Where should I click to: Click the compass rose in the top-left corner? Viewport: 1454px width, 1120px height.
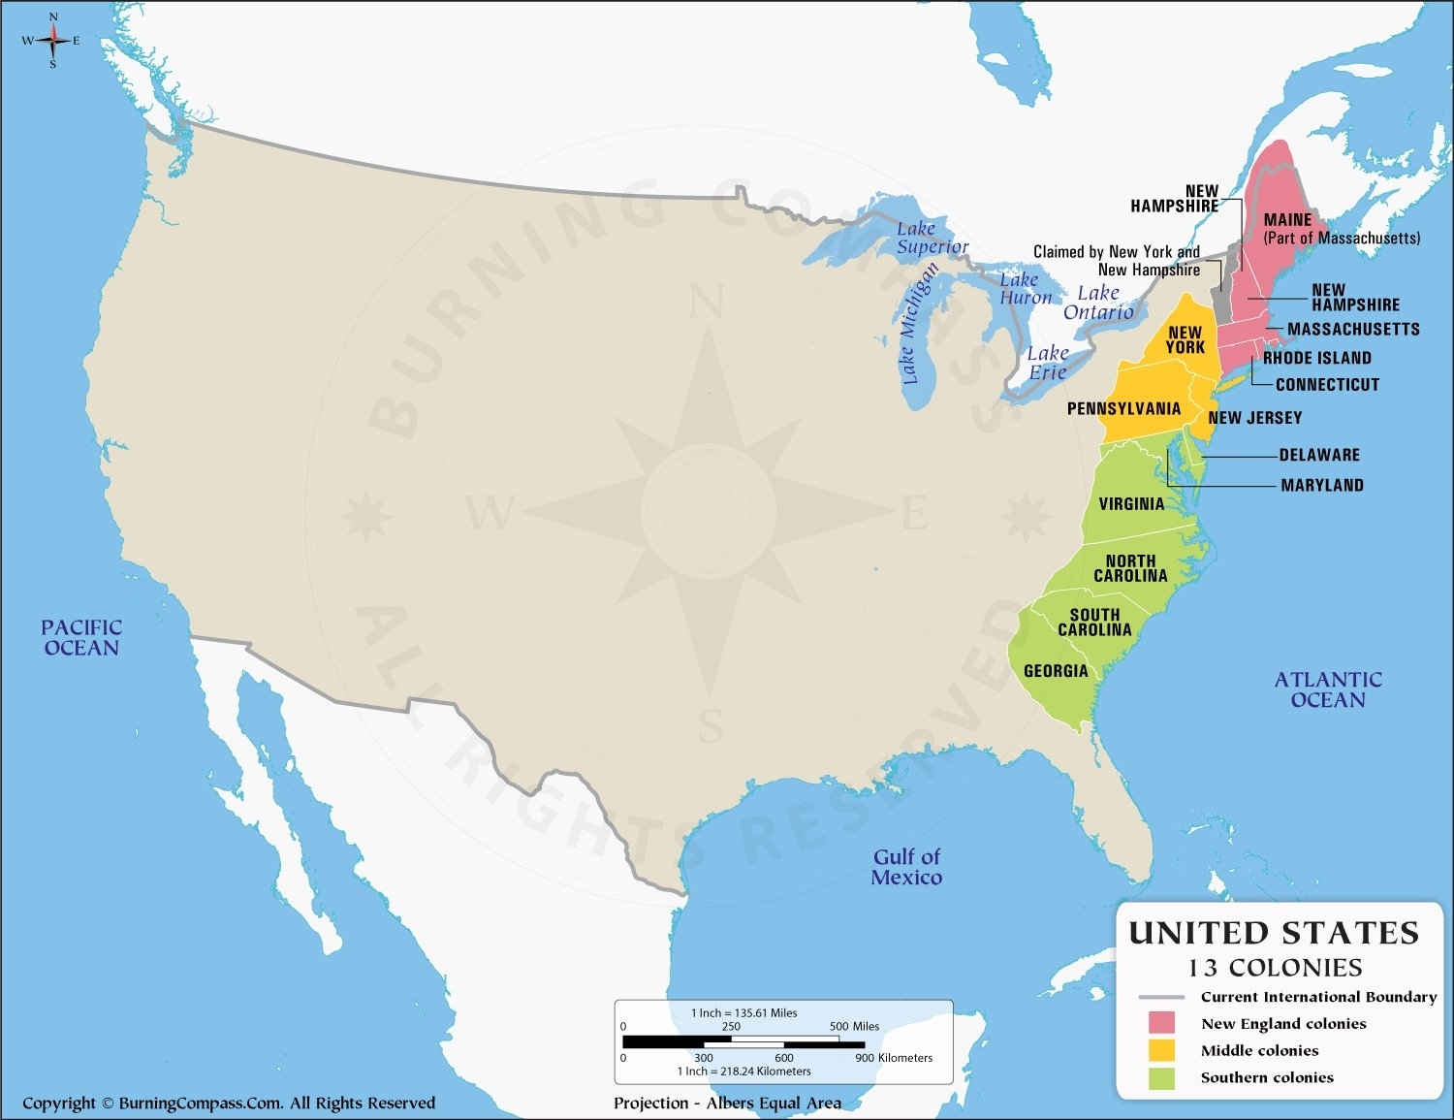click(x=52, y=41)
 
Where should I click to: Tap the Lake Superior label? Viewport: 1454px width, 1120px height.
click(x=932, y=238)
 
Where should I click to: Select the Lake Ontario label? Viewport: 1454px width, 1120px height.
click(x=1098, y=303)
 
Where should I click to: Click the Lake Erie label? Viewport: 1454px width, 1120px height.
click(x=1047, y=363)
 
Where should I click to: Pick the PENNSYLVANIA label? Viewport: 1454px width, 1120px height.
click(x=1123, y=409)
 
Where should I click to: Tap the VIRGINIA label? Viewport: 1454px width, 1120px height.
click(x=1131, y=504)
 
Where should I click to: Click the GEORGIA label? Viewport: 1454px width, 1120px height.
click(x=1056, y=671)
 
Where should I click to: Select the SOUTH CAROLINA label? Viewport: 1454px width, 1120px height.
click(x=1094, y=623)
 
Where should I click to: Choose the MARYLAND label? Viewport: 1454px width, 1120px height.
click(x=1322, y=486)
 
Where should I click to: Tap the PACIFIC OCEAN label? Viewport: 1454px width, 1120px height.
click(x=81, y=638)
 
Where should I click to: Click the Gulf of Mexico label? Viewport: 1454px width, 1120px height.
click(x=906, y=867)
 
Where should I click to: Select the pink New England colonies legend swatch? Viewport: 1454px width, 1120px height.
click(x=1161, y=1023)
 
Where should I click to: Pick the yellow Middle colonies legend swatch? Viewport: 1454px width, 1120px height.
click(x=1161, y=1050)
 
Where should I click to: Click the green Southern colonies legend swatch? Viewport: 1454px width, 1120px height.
click(x=1161, y=1077)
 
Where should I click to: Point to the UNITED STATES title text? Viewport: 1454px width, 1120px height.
click(x=1274, y=933)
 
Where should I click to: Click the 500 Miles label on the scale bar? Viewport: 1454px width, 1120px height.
click(x=854, y=1026)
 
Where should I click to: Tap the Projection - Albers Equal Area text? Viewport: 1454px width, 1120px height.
click(x=727, y=1103)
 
